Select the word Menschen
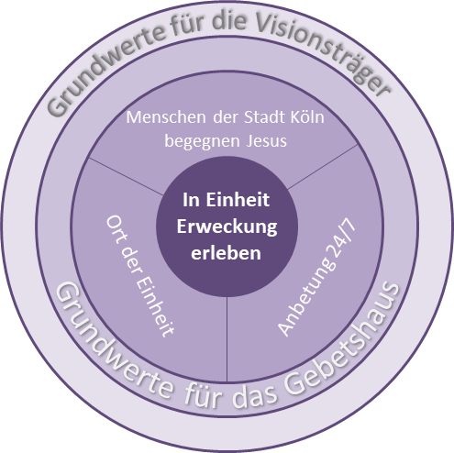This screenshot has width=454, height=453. pos(166,117)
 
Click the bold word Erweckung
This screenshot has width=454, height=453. pos(227,227)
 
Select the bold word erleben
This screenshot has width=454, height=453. pos(226,253)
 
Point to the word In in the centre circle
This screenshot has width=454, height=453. pos(191,200)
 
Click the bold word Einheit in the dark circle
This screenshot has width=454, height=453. pos(238,200)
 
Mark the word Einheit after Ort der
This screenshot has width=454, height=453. pos(154,305)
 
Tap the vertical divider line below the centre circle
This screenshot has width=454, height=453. pos(227,339)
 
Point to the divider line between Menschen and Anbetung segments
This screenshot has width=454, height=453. pos(323,167)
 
